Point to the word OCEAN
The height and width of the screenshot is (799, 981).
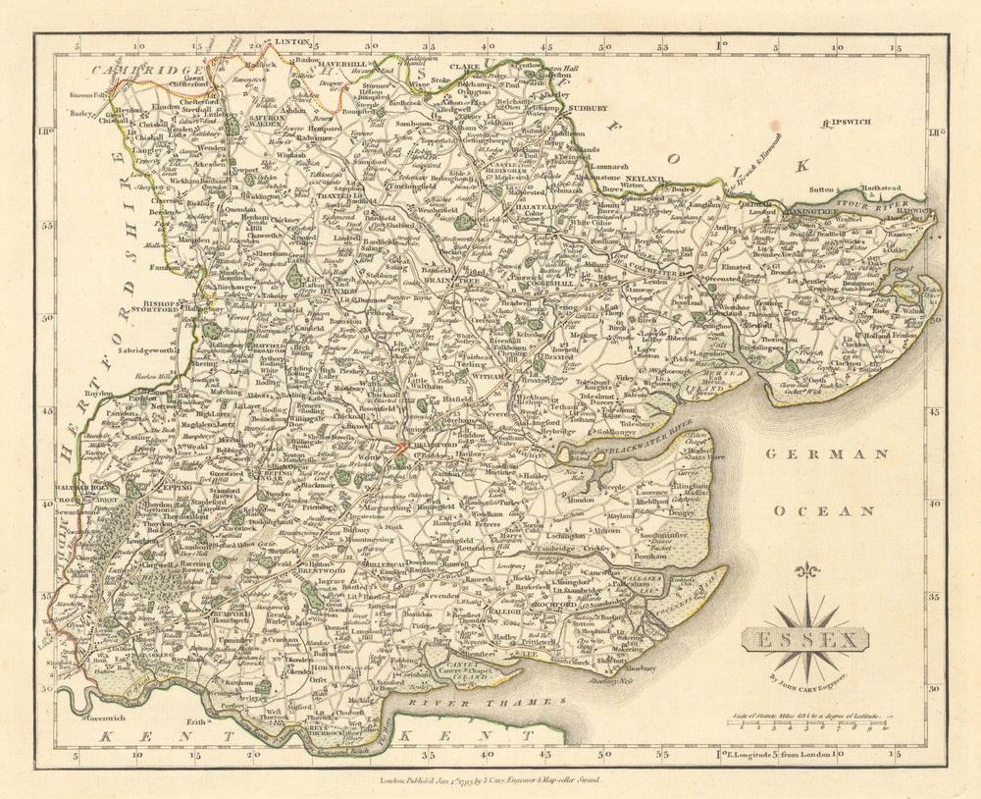click(x=813, y=510)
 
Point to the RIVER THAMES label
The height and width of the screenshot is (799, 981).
click(x=487, y=703)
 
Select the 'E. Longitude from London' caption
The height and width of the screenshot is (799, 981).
click(x=785, y=754)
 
